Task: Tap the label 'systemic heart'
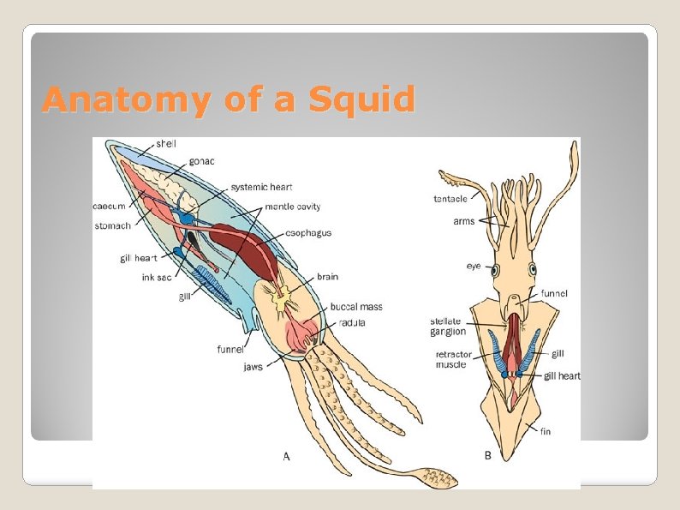261,187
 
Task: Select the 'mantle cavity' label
293,207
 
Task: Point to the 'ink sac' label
157,277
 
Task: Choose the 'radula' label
353,323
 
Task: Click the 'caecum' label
110,206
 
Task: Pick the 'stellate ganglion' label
448,327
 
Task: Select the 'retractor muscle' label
450,359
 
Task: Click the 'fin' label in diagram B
546,431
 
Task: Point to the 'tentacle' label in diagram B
450,199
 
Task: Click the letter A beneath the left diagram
287,456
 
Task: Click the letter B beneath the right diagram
488,456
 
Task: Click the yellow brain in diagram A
280,300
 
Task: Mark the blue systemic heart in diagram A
187,218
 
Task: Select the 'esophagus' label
309,232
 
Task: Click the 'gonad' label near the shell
202,161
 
